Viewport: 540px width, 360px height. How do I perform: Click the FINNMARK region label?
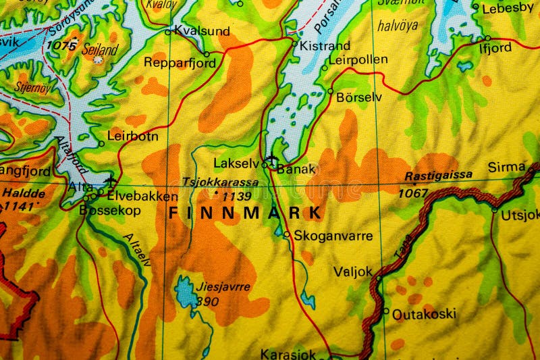[x=245, y=213]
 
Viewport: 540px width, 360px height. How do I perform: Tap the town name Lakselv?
[x=236, y=163]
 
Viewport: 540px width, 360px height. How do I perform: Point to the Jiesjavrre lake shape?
[x=186, y=292]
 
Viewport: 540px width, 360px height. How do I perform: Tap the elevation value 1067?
[x=412, y=193]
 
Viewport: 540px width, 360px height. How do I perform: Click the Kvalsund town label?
[x=201, y=31]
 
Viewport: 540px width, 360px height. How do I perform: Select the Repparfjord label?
[x=180, y=63]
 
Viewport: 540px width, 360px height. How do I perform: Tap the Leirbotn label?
[x=133, y=136]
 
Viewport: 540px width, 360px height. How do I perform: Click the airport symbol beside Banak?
[x=272, y=160]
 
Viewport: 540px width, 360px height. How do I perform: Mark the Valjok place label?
[x=352, y=272]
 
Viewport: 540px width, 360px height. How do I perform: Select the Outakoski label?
[x=424, y=314]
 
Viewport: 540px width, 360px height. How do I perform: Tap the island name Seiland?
[x=100, y=49]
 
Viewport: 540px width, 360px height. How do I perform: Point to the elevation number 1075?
[x=61, y=46]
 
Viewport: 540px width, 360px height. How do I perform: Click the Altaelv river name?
[x=137, y=249]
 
